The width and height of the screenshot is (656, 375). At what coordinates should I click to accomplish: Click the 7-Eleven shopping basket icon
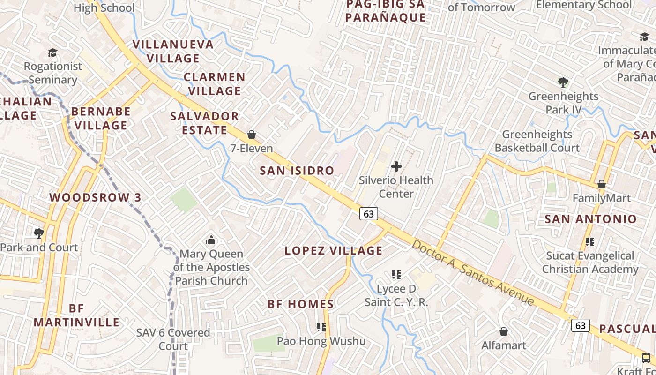click(252, 135)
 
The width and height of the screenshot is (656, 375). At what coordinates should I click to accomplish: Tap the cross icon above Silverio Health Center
click(396, 166)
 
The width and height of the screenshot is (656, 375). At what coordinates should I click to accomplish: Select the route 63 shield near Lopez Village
click(369, 214)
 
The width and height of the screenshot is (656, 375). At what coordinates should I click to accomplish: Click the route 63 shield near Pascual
click(581, 325)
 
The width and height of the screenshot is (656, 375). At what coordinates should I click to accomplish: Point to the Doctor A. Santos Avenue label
click(473, 272)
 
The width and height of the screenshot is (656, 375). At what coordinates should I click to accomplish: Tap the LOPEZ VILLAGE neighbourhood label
click(334, 251)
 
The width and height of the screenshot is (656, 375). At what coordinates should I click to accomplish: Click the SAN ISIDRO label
click(297, 171)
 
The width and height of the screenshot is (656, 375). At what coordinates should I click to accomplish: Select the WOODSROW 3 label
click(96, 197)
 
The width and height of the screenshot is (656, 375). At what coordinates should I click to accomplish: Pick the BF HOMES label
click(301, 304)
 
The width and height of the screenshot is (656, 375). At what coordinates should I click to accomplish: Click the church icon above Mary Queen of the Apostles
click(211, 240)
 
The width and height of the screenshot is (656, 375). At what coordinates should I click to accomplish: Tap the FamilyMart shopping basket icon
click(602, 184)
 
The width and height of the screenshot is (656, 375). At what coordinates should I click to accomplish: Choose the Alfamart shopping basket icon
click(504, 332)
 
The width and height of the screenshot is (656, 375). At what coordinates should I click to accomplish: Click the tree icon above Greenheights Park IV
click(563, 82)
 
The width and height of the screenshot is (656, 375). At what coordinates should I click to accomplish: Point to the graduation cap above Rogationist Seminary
click(52, 53)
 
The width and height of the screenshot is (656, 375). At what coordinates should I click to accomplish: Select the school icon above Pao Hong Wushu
click(321, 327)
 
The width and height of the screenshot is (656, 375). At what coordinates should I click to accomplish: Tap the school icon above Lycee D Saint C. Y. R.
click(396, 274)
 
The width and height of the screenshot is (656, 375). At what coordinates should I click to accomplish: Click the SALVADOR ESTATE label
click(204, 123)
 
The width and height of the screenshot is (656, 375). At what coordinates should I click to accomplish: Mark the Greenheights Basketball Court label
click(537, 141)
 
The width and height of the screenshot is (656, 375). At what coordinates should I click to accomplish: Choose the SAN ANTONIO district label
click(590, 219)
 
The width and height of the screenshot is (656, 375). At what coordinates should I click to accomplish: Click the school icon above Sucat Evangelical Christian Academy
click(590, 242)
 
